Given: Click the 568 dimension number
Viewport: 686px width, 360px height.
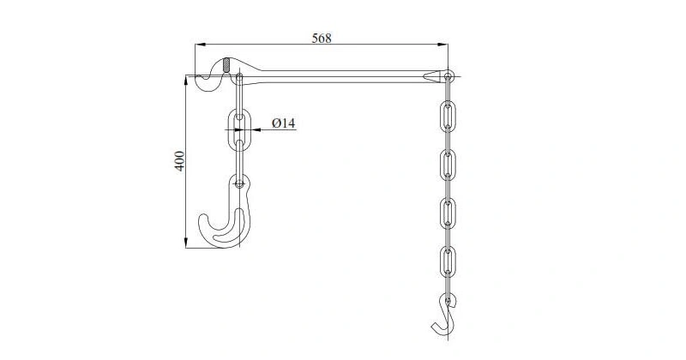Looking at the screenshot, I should click(321, 37).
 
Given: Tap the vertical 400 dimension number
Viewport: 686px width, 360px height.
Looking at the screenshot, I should click(179, 161).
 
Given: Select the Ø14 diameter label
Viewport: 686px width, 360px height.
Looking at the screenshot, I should click(283, 123).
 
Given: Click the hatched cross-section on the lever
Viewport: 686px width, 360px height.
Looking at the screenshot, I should click(226, 65).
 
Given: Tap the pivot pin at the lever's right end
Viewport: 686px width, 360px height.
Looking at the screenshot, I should click(448, 77).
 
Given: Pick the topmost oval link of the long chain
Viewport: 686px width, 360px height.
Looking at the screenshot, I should click(447, 114).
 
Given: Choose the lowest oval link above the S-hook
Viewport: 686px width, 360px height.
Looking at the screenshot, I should click(447, 261).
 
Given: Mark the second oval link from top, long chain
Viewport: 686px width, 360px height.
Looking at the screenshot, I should click(447, 163).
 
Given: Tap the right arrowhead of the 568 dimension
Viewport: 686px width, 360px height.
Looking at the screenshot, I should click(442, 45).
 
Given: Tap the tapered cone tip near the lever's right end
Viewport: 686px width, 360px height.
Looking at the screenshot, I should click(436, 76).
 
